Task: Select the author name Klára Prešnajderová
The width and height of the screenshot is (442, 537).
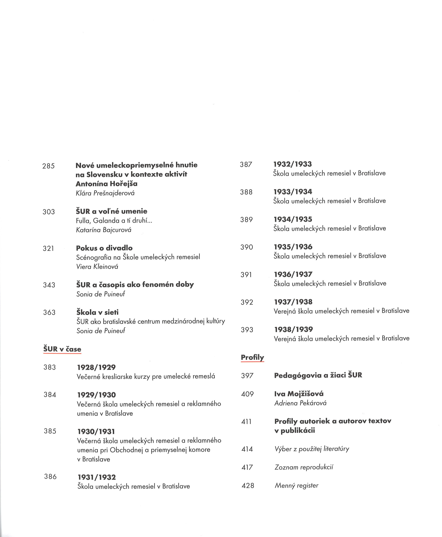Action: tap(105, 193)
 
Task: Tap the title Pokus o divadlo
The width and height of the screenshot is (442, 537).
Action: tap(104, 248)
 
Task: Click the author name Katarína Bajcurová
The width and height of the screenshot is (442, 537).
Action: tap(104, 230)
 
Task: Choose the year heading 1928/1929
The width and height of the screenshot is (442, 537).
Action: tap(96, 367)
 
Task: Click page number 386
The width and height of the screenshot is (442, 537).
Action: tap(50, 476)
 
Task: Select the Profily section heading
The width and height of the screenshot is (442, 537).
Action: tap(252, 357)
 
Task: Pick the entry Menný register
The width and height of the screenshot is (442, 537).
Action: tap(296, 485)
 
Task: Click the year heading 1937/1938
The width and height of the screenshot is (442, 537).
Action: tap(293, 302)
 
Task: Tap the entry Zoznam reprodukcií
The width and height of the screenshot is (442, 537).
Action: tap(304, 467)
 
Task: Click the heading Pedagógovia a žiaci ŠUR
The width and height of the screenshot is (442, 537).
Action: tap(318, 375)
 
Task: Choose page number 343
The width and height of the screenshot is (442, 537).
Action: tap(49, 285)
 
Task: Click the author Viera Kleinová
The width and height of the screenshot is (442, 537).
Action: tap(97, 267)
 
